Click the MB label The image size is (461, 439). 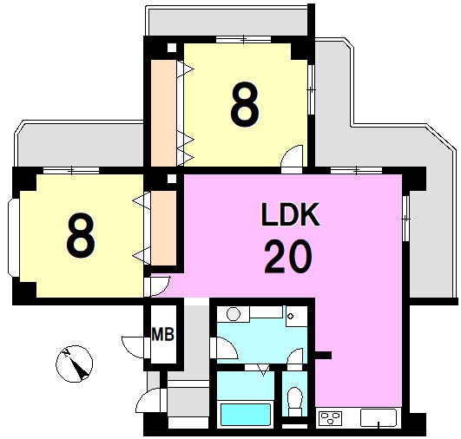[163, 334]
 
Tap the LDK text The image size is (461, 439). [291, 214]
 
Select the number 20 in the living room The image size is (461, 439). [288, 257]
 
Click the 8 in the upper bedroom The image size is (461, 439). [245, 104]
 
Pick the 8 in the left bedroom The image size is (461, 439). [81, 235]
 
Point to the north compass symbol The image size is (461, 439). [75, 364]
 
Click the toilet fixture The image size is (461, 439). [295, 402]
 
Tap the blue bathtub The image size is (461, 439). [246, 415]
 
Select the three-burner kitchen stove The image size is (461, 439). [331, 418]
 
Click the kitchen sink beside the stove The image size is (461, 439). [379, 418]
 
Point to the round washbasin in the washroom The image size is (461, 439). [234, 314]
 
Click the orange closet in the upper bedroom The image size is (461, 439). [163, 113]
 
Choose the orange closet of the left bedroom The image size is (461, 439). [163, 228]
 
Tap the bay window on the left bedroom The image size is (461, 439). [14, 238]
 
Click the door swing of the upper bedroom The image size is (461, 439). [292, 160]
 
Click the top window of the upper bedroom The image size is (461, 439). [243, 39]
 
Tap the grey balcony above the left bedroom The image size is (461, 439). [80, 145]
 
